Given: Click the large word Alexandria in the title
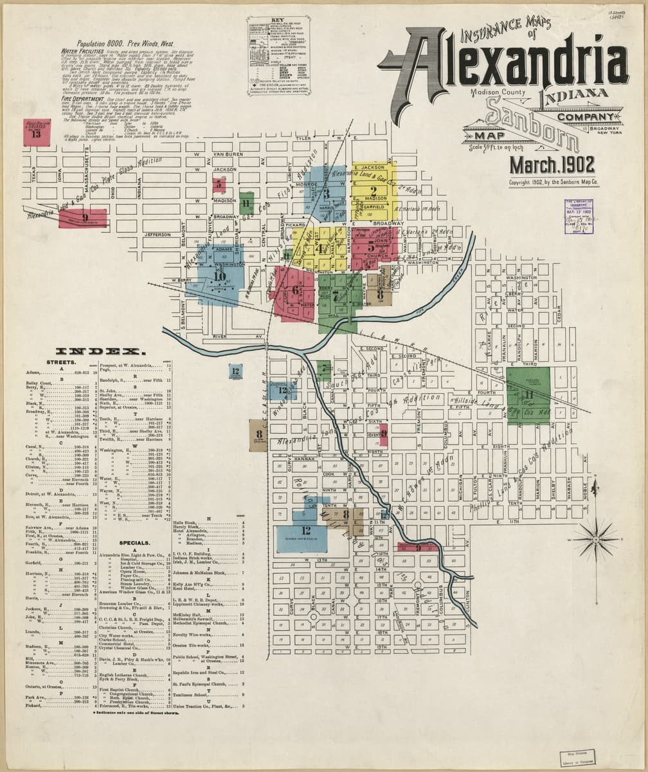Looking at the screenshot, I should click(508, 61).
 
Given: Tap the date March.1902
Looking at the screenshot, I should click(552, 165).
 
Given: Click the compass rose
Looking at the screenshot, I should click(596, 538).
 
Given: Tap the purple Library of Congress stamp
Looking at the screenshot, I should click(579, 216).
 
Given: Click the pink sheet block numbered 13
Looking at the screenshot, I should click(36, 133).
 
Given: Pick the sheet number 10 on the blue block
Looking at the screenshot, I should click(220, 277).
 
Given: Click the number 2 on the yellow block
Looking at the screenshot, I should click(373, 190).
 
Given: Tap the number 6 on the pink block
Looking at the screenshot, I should click(295, 290).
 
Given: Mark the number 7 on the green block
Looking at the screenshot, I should click(336, 296).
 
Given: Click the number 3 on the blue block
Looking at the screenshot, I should click(327, 192).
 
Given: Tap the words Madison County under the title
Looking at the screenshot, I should click(498, 92).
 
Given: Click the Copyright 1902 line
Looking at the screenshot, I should click(553, 183).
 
